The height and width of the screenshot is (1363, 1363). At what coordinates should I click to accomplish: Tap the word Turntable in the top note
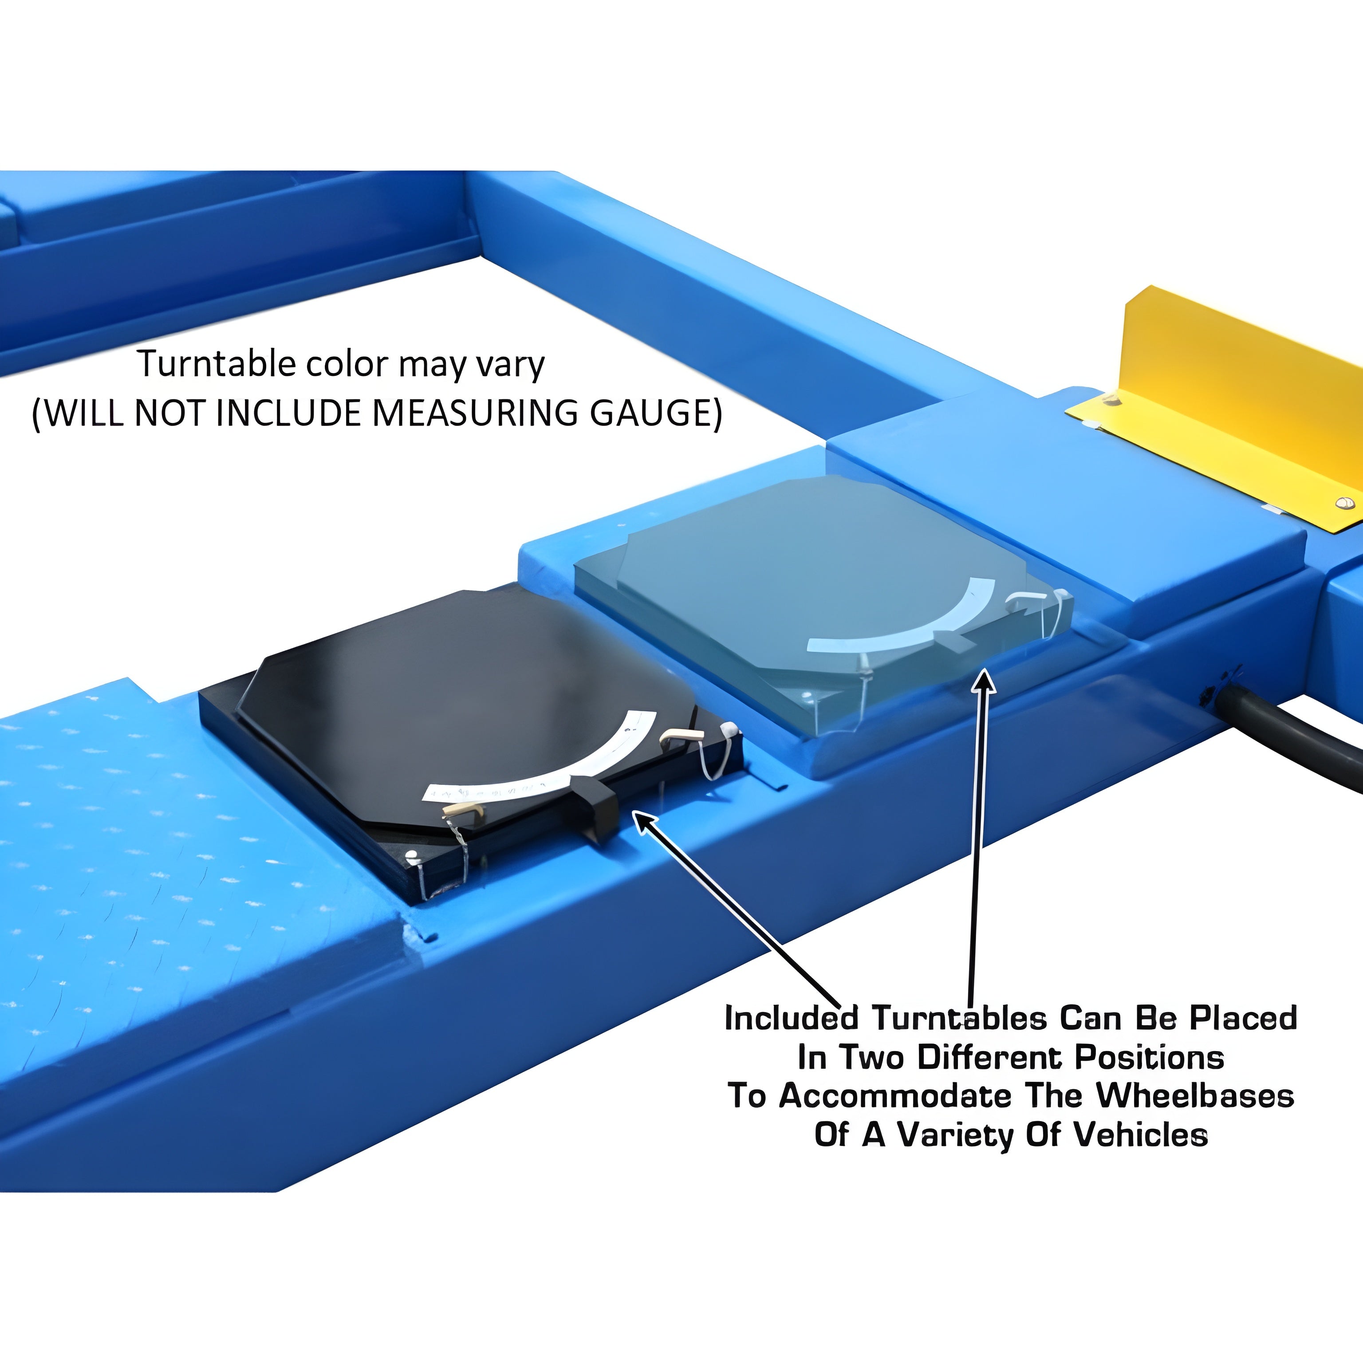coord(217,364)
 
